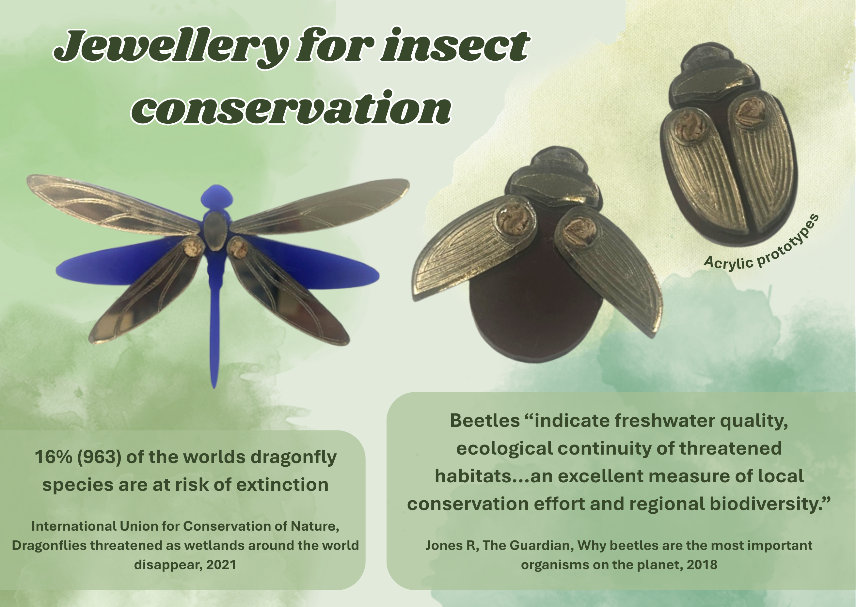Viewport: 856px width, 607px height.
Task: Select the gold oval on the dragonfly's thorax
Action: tap(214, 232)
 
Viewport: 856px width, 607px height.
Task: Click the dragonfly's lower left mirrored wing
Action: tap(146, 291)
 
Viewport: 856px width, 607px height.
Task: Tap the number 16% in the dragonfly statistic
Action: tap(54, 457)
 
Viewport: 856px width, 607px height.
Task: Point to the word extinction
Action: tap(283, 484)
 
